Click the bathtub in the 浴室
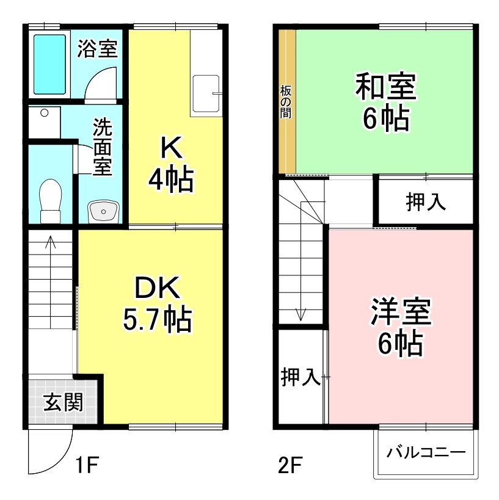point(49,64)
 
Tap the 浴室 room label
point(97,49)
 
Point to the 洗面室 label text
point(103,147)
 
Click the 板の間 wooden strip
point(287,101)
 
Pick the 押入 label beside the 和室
point(426,203)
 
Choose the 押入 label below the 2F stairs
point(300,377)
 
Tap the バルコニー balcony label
point(426,452)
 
